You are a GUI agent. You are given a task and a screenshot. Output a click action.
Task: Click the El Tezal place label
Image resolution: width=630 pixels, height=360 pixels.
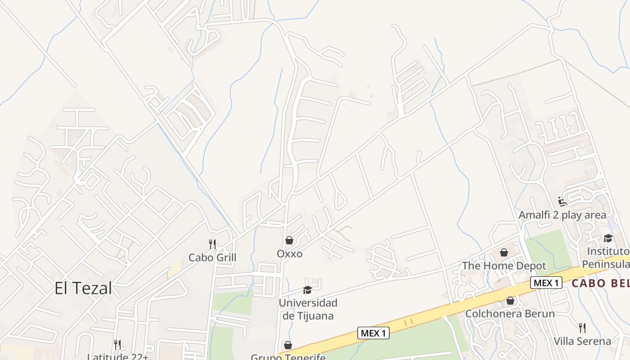pos(83,288)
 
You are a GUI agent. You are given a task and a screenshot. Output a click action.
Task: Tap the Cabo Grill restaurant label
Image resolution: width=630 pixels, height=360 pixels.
pos(212,258)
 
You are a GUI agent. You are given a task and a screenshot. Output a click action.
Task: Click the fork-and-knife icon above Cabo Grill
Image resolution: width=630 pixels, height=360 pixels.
pos(212,244)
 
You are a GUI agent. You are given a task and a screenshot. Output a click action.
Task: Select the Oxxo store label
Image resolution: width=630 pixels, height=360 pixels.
pos(289,254)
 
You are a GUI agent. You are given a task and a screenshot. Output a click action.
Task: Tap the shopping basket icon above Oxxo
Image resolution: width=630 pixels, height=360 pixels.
pos(289,240)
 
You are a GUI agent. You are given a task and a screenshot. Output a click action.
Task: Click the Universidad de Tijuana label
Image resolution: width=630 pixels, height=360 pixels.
pos(308,309)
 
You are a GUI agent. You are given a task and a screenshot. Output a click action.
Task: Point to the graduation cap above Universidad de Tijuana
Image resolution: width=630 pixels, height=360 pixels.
pos(308,290)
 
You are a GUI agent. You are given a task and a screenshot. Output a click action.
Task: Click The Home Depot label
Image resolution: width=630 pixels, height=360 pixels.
pos(504,266)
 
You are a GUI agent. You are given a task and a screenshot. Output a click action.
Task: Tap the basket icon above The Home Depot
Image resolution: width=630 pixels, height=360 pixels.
pos(504,252)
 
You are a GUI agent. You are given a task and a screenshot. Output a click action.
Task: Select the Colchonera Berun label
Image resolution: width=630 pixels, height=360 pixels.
pos(510,314)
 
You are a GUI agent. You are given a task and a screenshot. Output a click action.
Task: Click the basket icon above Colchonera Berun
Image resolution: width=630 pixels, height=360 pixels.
pos(510,300)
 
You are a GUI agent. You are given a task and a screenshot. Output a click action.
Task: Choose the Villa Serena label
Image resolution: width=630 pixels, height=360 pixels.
pos(582,341)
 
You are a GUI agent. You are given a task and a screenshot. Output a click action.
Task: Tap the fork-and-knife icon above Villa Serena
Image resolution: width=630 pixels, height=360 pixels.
pos(582,328)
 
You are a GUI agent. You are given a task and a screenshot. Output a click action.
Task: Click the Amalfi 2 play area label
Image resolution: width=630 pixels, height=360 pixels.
pos(562,215)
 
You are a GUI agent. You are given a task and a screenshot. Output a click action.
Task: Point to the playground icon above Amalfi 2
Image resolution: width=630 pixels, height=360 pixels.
pos(562,201)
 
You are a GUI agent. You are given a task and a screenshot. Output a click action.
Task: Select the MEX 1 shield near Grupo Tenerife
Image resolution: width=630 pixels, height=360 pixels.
pos(373,333)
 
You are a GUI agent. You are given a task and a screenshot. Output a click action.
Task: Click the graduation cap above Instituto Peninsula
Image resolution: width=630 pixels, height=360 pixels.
pos(608,238)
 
